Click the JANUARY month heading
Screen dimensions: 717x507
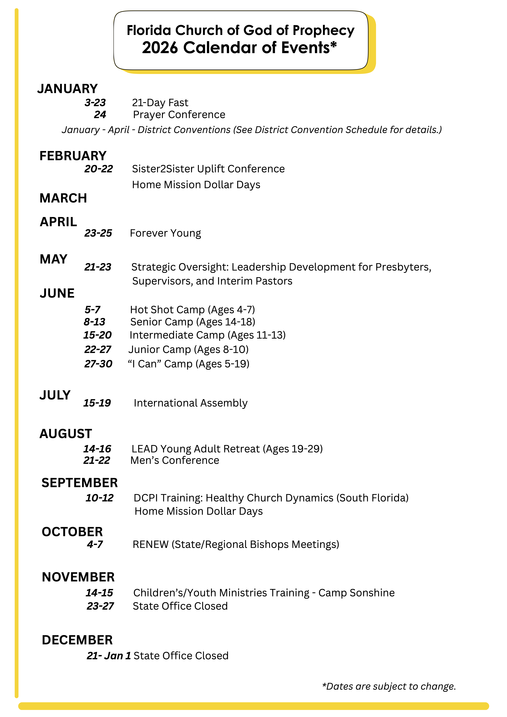tap(67, 89)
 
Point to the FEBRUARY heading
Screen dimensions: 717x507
tap(73, 156)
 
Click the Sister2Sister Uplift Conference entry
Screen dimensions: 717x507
tap(208, 169)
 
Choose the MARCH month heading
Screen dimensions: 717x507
tap(63, 198)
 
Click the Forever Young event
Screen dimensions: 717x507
tap(165, 233)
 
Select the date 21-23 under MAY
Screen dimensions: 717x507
tap(98, 267)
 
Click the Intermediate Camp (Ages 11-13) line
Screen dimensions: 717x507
tap(207, 335)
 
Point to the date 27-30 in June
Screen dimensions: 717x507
tap(98, 364)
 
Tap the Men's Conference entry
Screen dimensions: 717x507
tap(175, 460)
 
